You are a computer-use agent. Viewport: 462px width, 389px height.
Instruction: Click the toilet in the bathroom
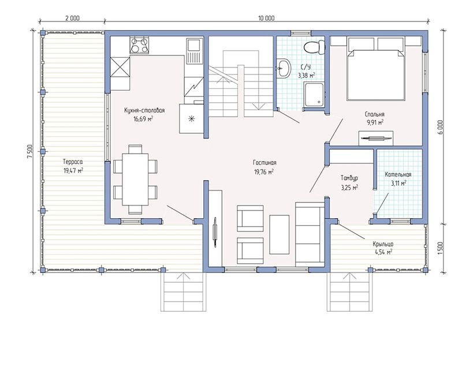[314, 47]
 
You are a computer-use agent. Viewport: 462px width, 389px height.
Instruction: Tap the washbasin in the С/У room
[284, 68]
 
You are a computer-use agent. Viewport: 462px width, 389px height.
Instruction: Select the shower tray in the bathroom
[314, 94]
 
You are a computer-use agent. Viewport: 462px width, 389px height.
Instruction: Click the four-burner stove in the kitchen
[139, 46]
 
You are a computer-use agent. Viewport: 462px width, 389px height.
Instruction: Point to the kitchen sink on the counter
[194, 51]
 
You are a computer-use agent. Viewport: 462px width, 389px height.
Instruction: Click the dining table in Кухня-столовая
[135, 179]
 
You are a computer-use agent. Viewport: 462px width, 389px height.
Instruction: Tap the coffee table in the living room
[279, 234]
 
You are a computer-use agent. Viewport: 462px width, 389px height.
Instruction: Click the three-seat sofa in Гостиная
[310, 234]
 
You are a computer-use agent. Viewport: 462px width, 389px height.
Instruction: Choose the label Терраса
[73, 162]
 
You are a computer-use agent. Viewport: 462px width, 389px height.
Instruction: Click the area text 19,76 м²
[264, 171]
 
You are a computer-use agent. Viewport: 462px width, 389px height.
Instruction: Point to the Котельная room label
[398, 175]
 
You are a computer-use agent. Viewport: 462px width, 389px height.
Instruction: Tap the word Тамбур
[349, 178]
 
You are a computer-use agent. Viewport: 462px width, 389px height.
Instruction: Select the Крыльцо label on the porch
[383, 244]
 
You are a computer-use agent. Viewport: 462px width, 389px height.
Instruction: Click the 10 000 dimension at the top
[266, 18]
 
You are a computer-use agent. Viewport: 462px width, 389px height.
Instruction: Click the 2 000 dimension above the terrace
[72, 18]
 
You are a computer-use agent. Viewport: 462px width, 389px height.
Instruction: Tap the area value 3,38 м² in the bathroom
[307, 76]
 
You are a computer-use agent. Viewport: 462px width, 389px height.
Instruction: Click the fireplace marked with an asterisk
[191, 119]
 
